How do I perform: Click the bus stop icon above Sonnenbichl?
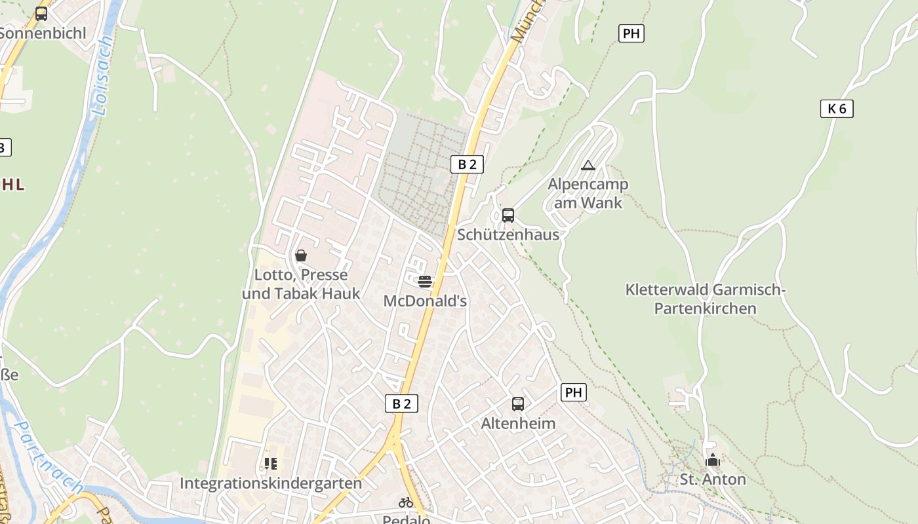click(41, 13)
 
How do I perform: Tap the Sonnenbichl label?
click(43, 33)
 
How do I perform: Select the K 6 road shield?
click(837, 109)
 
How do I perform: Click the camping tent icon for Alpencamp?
click(588, 165)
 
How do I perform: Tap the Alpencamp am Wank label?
click(588, 194)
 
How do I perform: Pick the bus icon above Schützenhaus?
click(508, 215)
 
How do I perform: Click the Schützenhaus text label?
click(508, 234)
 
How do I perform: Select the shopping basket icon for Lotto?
click(301, 255)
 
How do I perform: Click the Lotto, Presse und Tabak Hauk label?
click(301, 284)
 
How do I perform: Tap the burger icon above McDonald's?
click(425, 282)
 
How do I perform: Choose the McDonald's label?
click(425, 301)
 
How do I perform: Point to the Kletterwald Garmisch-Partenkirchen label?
click(706, 299)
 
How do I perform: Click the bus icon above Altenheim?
click(518, 403)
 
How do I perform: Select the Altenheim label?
click(518, 423)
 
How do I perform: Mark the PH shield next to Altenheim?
click(573, 392)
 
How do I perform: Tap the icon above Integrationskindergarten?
click(271, 464)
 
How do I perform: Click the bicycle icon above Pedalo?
click(406, 502)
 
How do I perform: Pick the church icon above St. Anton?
click(713, 460)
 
